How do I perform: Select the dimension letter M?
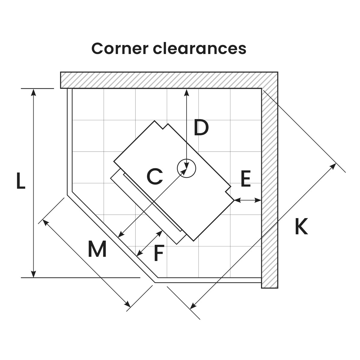click(97, 249)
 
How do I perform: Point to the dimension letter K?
click(301, 227)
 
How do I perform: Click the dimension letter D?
click(201, 127)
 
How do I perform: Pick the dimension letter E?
click(245, 179)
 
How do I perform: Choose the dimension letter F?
click(158, 253)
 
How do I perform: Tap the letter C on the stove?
click(154, 176)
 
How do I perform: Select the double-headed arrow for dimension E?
click(247, 199)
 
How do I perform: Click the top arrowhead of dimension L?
click(34, 92)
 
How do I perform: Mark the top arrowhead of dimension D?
click(187, 92)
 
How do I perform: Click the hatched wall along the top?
click(168, 80)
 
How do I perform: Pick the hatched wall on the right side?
click(269, 186)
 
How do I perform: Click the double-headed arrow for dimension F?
click(149, 243)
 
